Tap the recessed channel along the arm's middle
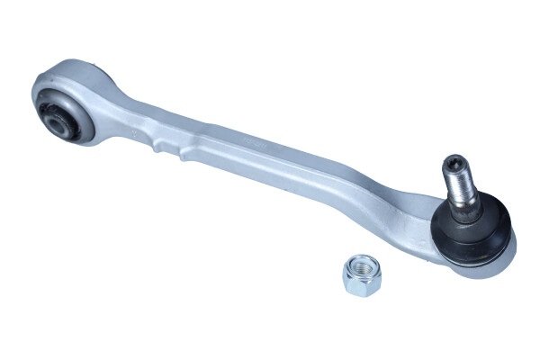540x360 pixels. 270,171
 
